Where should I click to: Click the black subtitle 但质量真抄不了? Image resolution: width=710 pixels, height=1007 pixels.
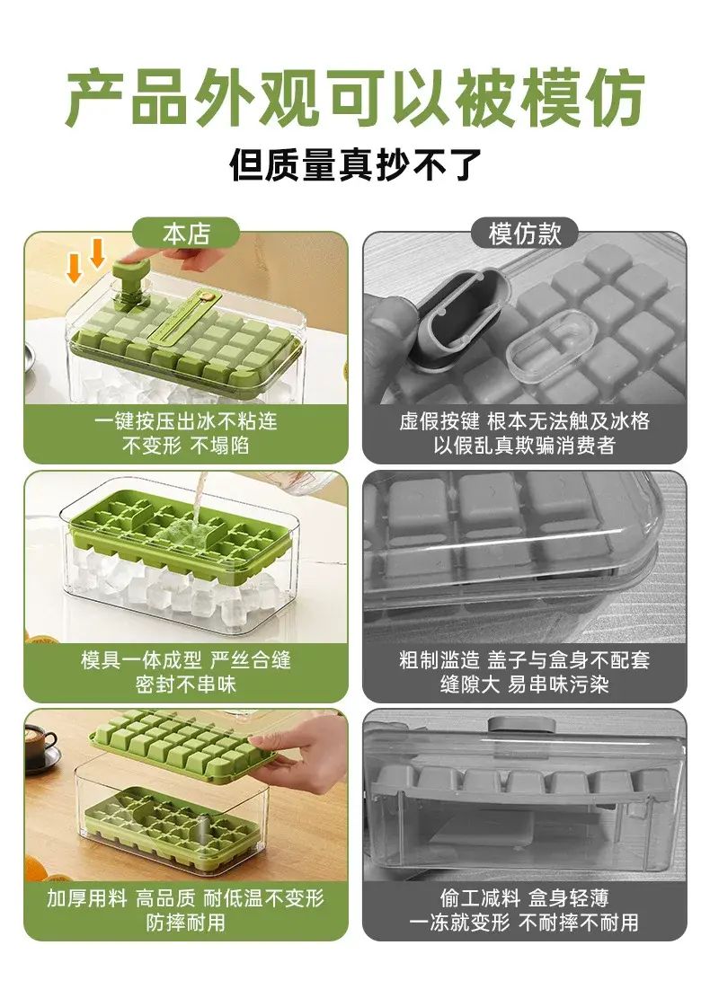tap(355, 165)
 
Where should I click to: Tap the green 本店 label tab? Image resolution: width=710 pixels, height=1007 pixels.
tap(186, 234)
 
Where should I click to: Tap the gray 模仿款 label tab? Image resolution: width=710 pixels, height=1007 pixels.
tap(525, 234)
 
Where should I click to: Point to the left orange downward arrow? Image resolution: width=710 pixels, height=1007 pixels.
tap(75, 267)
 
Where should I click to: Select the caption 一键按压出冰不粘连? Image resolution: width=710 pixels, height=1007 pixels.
tap(186, 421)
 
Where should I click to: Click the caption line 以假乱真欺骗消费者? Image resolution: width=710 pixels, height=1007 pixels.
tap(525, 445)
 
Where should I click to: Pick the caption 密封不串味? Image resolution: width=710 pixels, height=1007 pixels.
tap(186, 684)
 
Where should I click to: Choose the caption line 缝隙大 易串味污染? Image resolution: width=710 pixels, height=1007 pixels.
tap(525, 684)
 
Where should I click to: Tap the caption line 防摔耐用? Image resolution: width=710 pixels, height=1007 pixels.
tap(186, 923)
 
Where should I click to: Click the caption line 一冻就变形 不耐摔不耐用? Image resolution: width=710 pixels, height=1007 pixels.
tap(525, 923)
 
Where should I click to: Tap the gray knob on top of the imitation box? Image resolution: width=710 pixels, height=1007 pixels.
tap(521, 724)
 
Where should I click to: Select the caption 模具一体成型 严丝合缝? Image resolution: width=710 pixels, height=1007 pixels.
tap(186, 659)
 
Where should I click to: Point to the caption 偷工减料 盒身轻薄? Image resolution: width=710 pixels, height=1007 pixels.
tap(525, 897)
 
